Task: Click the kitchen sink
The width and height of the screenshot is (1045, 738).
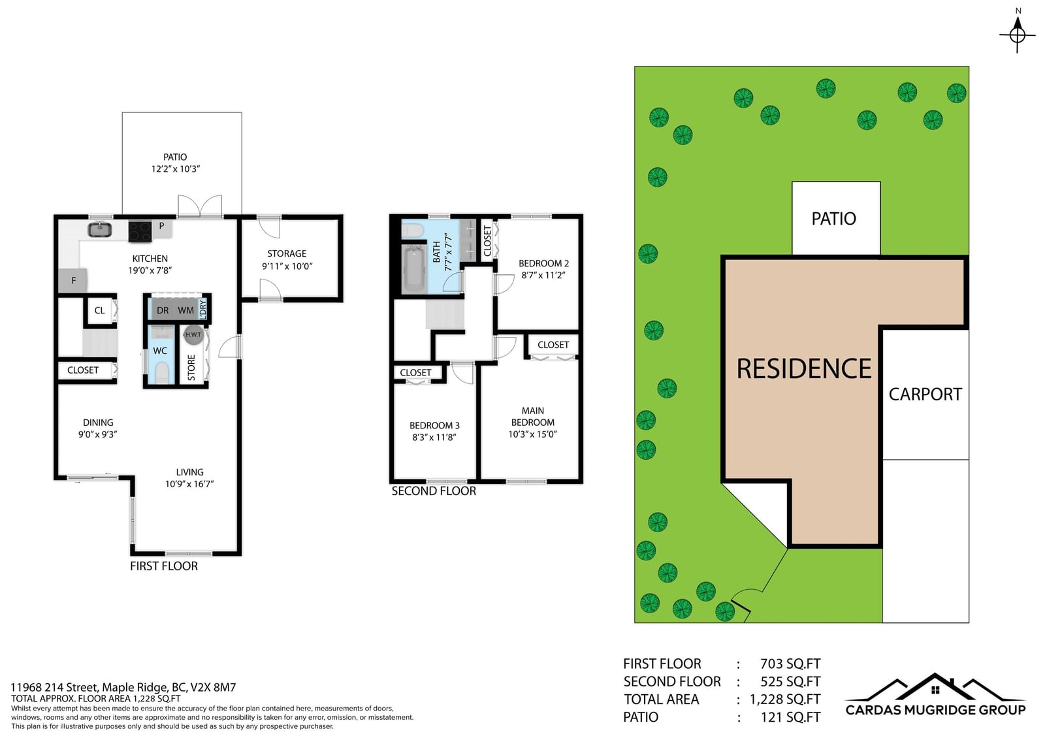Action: click(99, 229)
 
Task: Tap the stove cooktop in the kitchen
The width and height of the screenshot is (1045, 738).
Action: click(140, 231)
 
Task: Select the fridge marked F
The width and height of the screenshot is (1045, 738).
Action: click(72, 281)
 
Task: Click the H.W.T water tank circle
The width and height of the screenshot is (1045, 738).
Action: click(193, 334)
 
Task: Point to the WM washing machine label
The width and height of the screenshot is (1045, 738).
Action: click(185, 310)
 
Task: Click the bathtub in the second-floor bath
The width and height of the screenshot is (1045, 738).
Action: click(414, 268)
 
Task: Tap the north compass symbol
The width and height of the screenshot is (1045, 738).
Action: click(1018, 33)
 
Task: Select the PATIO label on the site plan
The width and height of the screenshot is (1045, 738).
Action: click(833, 218)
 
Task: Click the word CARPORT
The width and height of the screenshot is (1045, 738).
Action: click(925, 394)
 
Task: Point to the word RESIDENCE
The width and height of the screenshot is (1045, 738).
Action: click(804, 368)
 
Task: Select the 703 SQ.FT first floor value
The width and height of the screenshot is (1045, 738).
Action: click(790, 664)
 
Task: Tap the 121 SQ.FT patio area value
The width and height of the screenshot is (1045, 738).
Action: click(790, 717)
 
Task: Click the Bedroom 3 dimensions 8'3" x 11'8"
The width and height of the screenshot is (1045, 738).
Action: click(434, 437)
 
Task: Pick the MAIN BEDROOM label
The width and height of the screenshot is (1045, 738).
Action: click(533, 417)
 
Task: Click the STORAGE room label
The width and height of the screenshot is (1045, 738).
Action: click(287, 254)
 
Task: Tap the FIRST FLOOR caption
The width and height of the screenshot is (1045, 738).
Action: click(164, 566)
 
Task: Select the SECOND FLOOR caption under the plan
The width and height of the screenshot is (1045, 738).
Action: click(434, 490)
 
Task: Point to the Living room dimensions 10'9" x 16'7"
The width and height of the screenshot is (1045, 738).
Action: click(189, 484)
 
